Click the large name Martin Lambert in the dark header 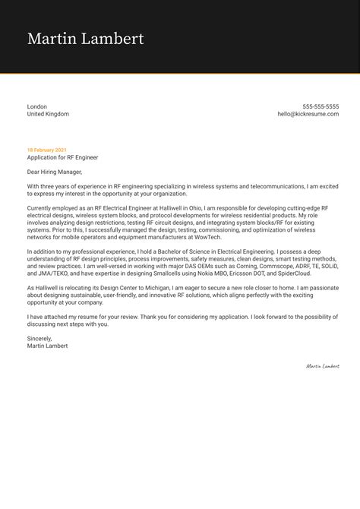coord(85,39)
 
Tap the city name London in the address coord(37,106)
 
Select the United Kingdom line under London coord(48,114)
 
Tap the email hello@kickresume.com coord(308,114)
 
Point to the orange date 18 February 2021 coord(47,150)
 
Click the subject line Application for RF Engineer coord(62,157)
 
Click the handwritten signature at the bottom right coord(322,365)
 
